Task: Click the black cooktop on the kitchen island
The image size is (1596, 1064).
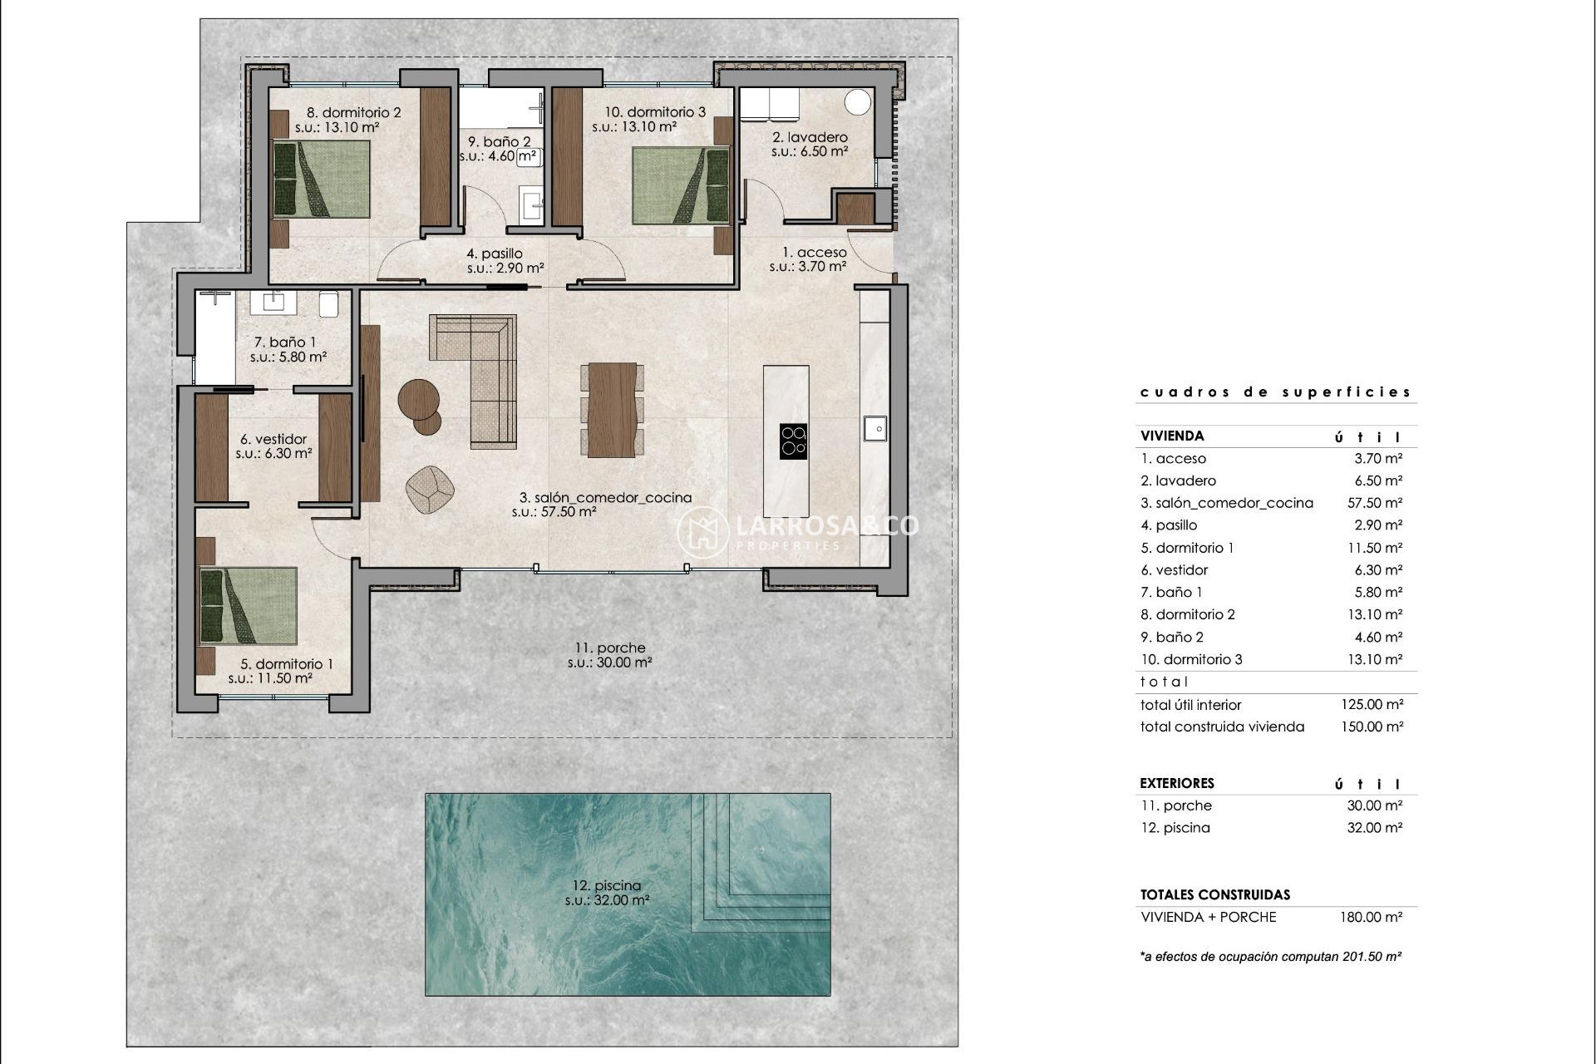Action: [x=793, y=441]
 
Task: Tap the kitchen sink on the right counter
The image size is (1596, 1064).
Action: [x=874, y=429]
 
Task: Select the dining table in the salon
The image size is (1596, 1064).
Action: [x=612, y=410]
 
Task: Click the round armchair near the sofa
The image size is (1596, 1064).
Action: [x=430, y=490]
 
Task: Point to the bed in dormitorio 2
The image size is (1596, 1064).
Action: [x=322, y=180]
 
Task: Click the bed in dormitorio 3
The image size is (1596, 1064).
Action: [x=680, y=185]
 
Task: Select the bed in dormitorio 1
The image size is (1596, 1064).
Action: [x=249, y=606]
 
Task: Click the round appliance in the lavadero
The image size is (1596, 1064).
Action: [x=858, y=102]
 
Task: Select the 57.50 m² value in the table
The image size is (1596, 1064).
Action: [x=1374, y=503]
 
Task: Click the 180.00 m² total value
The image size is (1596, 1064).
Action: [x=1371, y=918]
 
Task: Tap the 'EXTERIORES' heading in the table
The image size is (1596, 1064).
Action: [x=1177, y=783]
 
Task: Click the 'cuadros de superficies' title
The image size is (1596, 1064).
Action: [x=1275, y=392]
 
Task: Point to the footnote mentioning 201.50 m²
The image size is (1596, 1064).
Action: [x=1270, y=957]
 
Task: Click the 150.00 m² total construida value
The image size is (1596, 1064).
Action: [x=1372, y=727]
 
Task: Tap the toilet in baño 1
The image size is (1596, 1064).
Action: [x=328, y=304]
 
